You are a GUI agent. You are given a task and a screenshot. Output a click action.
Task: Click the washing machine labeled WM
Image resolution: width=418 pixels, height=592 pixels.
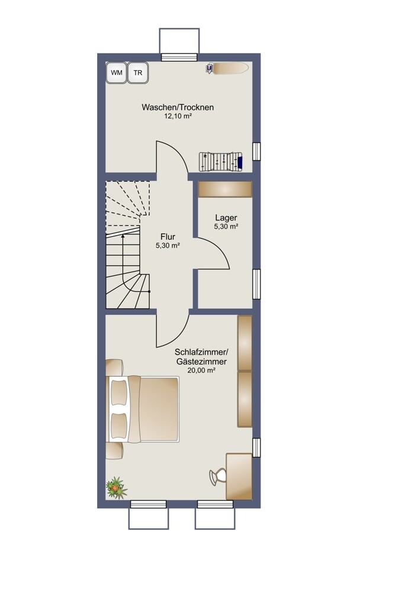pos(117,72)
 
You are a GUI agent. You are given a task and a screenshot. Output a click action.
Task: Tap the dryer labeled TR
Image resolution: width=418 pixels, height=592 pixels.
pos(138,72)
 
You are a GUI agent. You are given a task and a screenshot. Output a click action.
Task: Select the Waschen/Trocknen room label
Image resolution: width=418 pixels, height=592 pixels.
pos(178,107)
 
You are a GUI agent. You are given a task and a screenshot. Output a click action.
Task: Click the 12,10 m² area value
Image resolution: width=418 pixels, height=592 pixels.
pos(178,116)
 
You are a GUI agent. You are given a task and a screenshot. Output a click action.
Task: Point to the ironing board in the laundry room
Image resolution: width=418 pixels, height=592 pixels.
pos(227,68)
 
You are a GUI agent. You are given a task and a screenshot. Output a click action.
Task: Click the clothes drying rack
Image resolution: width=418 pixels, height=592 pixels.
pos(221,162)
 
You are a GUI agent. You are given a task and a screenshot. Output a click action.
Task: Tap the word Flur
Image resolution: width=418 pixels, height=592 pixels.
pos(168,237)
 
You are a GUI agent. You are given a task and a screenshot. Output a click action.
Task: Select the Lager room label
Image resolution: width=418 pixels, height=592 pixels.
pos(226,218)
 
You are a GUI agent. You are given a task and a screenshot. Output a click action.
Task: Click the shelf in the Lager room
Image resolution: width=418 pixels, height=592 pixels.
pos(225,189)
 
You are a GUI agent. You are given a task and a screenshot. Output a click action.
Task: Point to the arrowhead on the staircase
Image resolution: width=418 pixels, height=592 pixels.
pos(123,236)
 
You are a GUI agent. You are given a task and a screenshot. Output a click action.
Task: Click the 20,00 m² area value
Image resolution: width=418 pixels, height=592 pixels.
pos(201,371)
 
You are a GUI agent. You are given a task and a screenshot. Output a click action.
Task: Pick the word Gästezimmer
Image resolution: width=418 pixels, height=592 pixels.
pos(201,361)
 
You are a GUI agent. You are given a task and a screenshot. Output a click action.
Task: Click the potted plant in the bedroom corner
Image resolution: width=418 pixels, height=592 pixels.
pos(116,488)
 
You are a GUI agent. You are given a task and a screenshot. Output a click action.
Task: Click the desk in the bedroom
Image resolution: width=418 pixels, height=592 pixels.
pos(239,477)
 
